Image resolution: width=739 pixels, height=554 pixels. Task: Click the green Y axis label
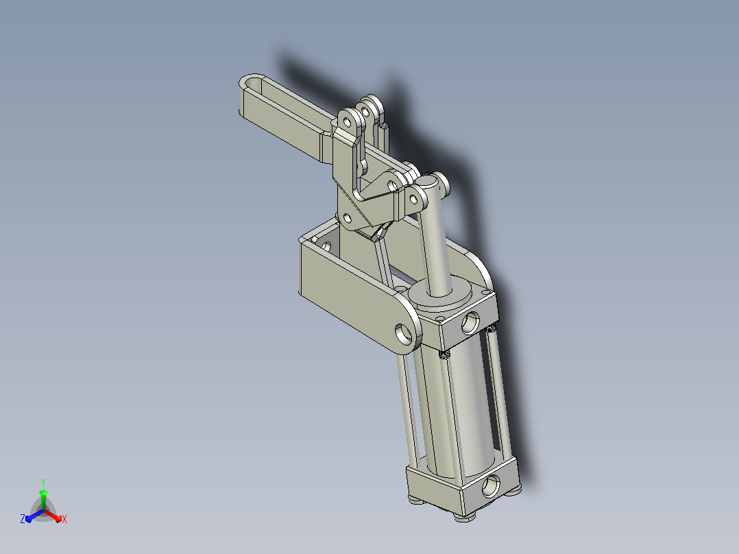[x=43, y=482]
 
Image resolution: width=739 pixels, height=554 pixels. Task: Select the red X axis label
[x=64, y=519]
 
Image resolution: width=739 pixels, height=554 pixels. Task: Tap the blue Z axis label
[x=23, y=518]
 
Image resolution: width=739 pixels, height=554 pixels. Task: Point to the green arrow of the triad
[x=43, y=499]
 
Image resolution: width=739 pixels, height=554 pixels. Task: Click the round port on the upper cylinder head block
[x=470, y=324]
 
